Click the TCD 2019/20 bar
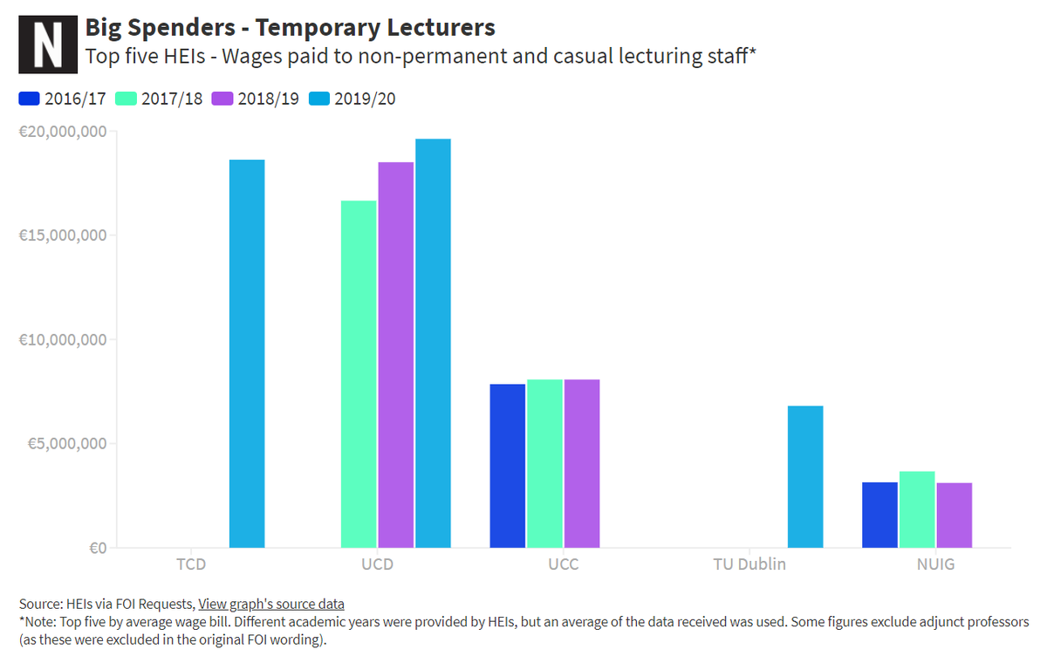point(247,353)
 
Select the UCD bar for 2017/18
point(359,374)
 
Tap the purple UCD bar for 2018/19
point(396,355)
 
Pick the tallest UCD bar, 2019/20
point(433,343)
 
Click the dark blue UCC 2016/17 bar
point(508,466)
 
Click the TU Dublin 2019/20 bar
point(805,476)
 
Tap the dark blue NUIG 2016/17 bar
point(879,515)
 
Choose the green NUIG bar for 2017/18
point(917,509)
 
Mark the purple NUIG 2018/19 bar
point(955,515)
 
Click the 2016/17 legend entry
point(62,99)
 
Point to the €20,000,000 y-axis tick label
point(62,132)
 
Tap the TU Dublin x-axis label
point(749,564)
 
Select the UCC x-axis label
point(564,564)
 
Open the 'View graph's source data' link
point(271,604)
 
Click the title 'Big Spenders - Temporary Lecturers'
point(290,27)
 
